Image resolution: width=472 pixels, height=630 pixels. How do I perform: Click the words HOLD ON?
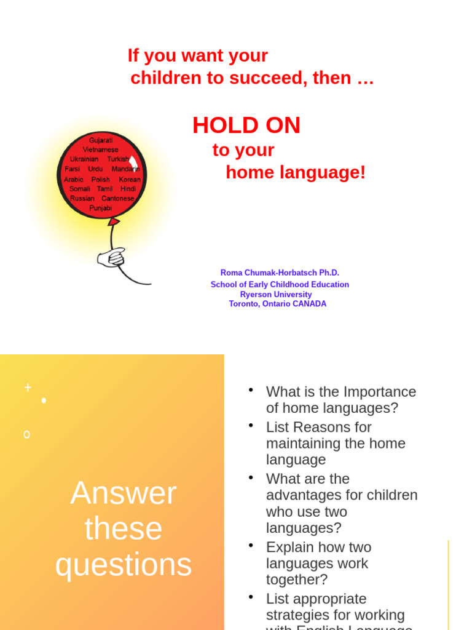246,126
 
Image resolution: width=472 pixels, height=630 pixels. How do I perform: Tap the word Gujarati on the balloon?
101,140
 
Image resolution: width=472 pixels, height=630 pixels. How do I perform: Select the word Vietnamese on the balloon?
101,150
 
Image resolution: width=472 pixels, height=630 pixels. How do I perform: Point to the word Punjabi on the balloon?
101,208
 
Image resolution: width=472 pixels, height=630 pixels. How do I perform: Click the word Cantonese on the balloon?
118,199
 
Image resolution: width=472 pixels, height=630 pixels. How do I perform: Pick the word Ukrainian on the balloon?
84,159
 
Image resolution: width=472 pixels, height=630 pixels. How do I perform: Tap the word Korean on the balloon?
130,179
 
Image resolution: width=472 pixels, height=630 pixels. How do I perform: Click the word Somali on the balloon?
79,189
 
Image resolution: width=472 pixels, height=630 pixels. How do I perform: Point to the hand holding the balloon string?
111,257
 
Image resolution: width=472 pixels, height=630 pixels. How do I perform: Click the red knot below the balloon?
113,221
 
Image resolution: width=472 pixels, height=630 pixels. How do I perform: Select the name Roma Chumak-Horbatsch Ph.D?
280,273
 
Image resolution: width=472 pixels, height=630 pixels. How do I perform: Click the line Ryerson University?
276,295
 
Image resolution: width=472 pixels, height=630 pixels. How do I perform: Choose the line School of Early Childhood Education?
280,285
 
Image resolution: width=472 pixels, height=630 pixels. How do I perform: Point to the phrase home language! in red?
296,173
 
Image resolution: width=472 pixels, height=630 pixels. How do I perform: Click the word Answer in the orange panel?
124,493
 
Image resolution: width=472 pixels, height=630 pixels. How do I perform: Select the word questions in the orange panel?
124,564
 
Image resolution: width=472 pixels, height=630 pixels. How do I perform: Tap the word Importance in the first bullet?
380,392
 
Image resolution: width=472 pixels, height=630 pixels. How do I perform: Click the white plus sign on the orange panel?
28,387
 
